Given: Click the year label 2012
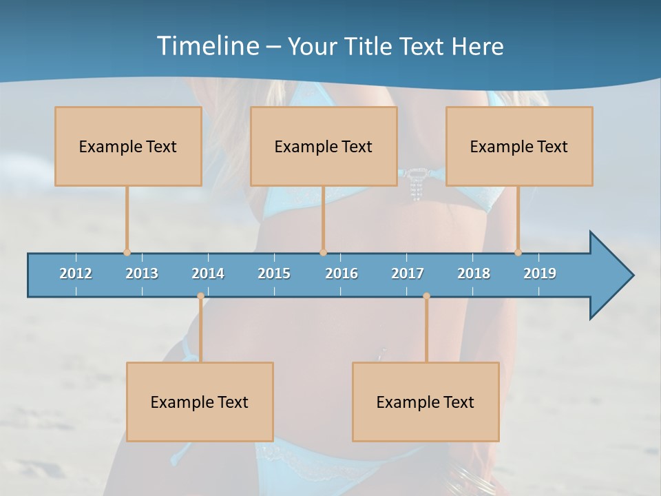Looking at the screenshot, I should point(76,273).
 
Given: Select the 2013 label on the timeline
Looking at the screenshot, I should point(142,273).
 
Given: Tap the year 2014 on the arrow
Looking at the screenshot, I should point(208,273).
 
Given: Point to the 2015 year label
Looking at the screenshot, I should point(274,273).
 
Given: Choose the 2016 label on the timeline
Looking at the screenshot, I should point(342,273).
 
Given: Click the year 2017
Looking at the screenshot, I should point(408,273).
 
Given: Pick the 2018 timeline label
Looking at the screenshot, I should point(474,273).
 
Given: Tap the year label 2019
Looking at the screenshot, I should point(540,273).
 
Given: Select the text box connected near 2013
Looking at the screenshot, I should point(128,146).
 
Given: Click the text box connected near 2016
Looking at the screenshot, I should point(324,146).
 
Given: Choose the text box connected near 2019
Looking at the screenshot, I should point(519,146).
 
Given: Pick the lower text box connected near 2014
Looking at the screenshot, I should point(200,402).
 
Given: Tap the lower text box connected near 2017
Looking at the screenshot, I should point(426,402).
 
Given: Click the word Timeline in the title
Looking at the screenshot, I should point(207,46).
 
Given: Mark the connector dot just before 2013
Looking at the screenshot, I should point(127,252).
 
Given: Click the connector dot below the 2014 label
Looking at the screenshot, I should point(200,296).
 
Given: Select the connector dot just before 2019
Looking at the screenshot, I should point(518,252).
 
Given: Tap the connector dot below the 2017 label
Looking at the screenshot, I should point(426,296).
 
